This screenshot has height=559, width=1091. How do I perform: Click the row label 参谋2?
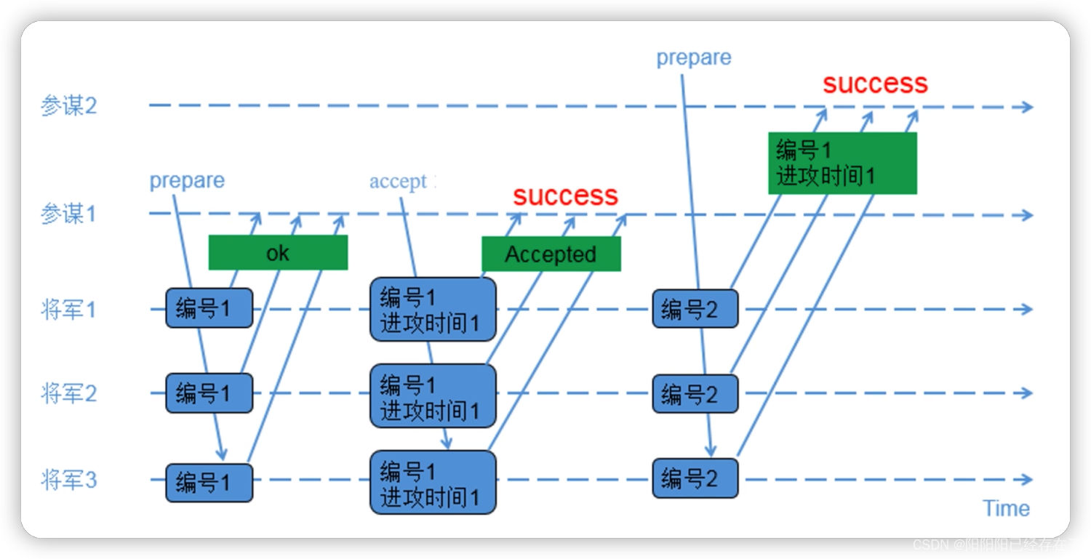pyautogui.click(x=68, y=107)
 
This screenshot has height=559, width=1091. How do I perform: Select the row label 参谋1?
pyautogui.click(x=68, y=214)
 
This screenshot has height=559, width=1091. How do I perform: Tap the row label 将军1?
pyautogui.click(x=68, y=310)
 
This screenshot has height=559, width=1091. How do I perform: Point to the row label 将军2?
pyautogui.click(x=68, y=394)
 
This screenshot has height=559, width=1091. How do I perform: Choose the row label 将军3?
pyautogui.click(x=68, y=480)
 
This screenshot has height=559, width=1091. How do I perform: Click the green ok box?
pyautogui.click(x=278, y=252)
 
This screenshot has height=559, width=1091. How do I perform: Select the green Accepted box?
pyautogui.click(x=551, y=254)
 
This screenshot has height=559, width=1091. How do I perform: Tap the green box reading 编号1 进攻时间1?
pyautogui.click(x=842, y=163)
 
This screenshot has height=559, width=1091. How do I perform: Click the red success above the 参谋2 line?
pyautogui.click(x=875, y=84)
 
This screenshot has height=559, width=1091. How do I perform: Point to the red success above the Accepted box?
pyautogui.click(x=565, y=195)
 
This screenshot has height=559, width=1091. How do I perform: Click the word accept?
pyautogui.click(x=398, y=181)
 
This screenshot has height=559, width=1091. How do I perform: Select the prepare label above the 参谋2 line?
pyautogui.click(x=694, y=58)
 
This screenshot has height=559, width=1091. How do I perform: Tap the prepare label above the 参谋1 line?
pyautogui.click(x=187, y=180)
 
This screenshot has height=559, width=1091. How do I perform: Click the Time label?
pyautogui.click(x=1006, y=508)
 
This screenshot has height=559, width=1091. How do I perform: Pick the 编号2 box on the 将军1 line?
pyautogui.click(x=695, y=309)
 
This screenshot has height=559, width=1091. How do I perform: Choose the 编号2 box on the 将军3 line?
pyautogui.click(x=695, y=478)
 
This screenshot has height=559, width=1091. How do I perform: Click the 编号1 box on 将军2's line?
pyautogui.click(x=209, y=393)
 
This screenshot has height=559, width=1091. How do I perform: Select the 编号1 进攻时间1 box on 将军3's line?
pyautogui.click(x=433, y=483)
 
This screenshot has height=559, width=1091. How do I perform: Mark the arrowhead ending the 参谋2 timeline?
pyautogui.click(x=1027, y=107)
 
